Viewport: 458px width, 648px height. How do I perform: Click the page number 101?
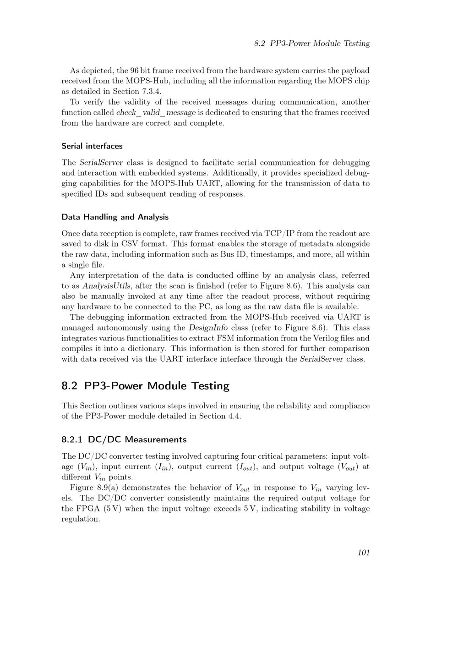point(363,553)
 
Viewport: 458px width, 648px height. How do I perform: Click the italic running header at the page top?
point(312,44)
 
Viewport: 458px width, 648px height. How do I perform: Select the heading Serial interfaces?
point(92,146)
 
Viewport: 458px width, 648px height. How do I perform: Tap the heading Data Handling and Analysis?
point(115,217)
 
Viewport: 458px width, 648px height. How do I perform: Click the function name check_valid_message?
point(156,113)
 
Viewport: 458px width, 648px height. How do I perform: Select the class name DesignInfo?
point(208,328)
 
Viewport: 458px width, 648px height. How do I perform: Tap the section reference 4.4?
point(234,417)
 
